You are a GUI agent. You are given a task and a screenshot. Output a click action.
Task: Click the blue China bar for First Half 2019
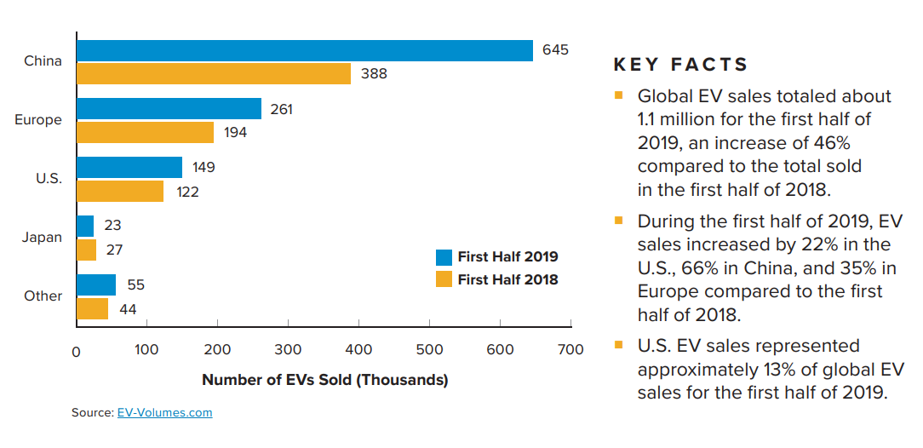point(305,50)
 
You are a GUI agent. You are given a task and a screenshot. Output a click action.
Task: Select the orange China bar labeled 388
point(214,73)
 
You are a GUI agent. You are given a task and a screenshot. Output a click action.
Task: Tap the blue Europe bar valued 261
point(169,109)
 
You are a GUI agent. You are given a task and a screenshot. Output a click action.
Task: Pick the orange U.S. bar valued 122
point(120,192)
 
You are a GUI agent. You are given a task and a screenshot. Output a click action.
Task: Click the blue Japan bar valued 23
point(85,226)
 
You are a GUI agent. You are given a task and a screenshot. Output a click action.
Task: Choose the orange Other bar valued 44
point(93,308)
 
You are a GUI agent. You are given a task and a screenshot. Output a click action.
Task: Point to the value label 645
point(555,50)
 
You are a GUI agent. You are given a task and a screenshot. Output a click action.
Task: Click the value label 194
point(235,133)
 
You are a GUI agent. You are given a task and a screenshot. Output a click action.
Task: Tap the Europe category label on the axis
point(38,120)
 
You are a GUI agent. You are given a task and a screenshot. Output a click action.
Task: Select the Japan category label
point(42,238)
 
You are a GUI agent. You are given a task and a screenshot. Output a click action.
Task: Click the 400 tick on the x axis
point(358,350)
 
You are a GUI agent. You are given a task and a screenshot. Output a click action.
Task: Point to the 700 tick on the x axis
point(570,350)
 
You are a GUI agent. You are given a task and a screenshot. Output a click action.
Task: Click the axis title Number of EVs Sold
point(324,380)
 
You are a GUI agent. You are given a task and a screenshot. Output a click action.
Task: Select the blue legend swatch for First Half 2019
point(444,256)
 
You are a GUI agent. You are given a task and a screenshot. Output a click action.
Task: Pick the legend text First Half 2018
point(507,279)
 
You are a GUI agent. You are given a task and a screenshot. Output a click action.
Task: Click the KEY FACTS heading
point(680,65)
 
